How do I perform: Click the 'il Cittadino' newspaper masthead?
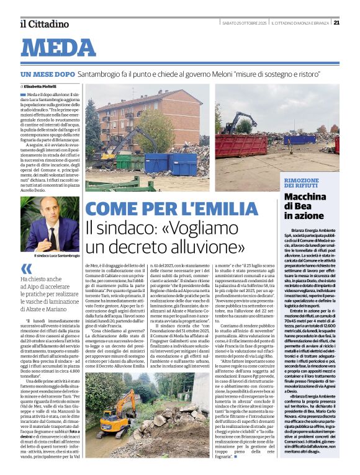[x=44, y=24]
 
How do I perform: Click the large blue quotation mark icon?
[x=26, y=269]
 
